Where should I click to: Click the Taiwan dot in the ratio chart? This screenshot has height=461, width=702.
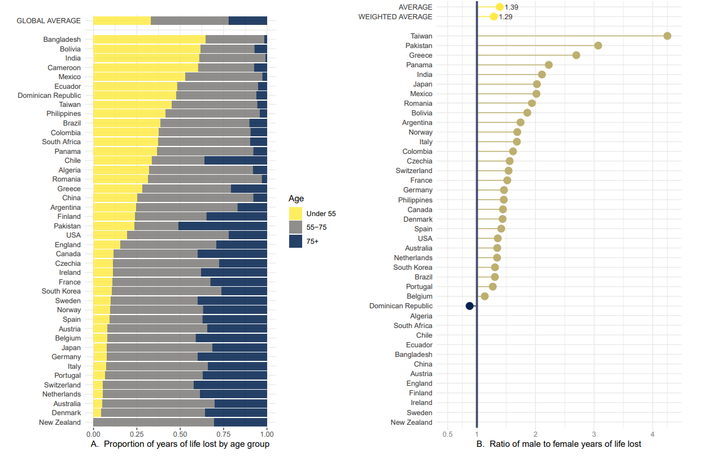coord(667,36)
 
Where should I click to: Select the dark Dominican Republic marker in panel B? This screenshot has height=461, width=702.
coord(469,306)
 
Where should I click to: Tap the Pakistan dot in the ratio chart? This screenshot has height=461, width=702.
coord(598,46)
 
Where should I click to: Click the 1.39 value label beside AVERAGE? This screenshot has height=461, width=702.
coord(511,7)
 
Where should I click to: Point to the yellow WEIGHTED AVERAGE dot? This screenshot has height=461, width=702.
coord(494,17)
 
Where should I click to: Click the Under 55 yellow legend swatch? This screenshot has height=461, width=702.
coord(296,214)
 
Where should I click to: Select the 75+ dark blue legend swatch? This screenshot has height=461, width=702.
coord(296,241)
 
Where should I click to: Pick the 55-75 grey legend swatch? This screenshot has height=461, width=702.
coord(296,227)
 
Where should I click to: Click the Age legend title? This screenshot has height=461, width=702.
coord(297,199)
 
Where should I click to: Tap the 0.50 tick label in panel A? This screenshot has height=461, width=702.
coord(180,434)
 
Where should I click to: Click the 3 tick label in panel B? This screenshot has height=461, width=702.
coord(594,434)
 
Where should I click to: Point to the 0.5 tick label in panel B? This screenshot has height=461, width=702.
coord(447,434)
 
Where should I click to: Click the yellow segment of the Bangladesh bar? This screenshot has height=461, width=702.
coord(149,40)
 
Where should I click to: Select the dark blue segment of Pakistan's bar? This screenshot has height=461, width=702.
coord(223,226)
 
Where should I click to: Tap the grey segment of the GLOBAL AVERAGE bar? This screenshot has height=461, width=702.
coord(190,21)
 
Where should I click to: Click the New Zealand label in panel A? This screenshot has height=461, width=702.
coord(60,423)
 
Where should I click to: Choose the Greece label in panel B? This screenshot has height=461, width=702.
coord(421,55)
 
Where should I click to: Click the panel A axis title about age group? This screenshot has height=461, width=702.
coord(180,445)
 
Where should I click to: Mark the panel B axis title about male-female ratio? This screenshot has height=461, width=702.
coord(559,445)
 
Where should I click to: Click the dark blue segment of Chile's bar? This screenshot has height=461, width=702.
coord(236,161)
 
